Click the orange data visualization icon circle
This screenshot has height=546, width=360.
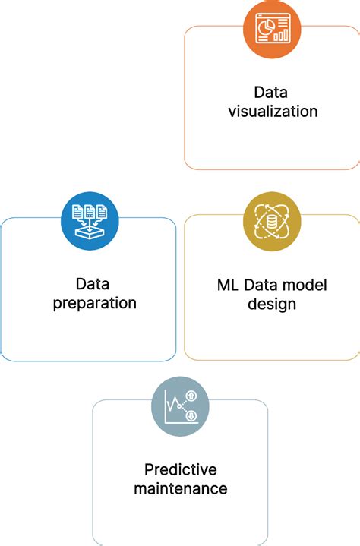tap(272, 30)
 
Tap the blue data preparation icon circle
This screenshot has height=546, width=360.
tap(90, 221)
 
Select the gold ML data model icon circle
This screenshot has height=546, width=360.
tap(272, 222)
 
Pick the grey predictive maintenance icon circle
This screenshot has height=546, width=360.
tap(180, 406)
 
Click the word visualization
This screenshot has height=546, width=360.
tap(273, 112)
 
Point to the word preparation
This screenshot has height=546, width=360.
tap(95, 304)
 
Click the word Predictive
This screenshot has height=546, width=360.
tap(181, 469)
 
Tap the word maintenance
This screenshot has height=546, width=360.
tap(181, 488)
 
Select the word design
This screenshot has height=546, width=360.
tap(272, 305)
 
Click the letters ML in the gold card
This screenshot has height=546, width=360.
tap(228, 286)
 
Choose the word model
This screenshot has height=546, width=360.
tap(305, 286)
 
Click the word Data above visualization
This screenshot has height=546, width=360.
tap(271, 93)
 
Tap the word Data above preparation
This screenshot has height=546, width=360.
tap(93, 284)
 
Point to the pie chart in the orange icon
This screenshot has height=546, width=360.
tap(267, 25)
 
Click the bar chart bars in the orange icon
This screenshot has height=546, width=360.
tap(281, 35)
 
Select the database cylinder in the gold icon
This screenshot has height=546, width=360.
tap(272, 222)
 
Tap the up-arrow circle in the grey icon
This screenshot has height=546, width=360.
tap(191, 396)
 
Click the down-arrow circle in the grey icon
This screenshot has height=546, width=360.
tap(191, 416)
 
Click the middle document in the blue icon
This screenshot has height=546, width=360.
tap(90, 212)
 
